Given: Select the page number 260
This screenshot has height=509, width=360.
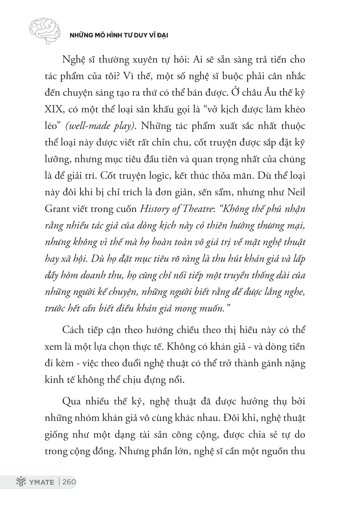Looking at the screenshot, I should point(69,482).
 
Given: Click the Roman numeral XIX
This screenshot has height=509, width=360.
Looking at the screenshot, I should point(55,109).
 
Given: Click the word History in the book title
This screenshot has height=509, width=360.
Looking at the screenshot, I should point(154,209).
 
